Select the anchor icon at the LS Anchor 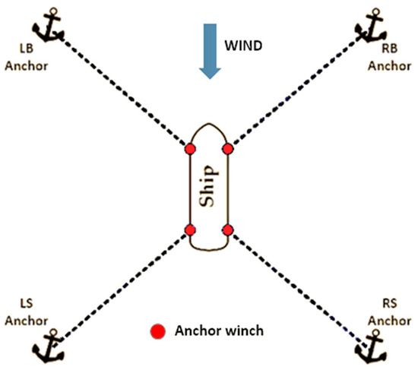pyautogui.click(x=47, y=345)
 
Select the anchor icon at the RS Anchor pyautogui.click(x=370, y=346)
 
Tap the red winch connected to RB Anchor pyautogui.click(x=226, y=149)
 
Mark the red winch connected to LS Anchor pyautogui.click(x=189, y=230)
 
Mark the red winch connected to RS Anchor pyautogui.click(x=226, y=230)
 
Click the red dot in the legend pyautogui.click(x=157, y=331)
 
